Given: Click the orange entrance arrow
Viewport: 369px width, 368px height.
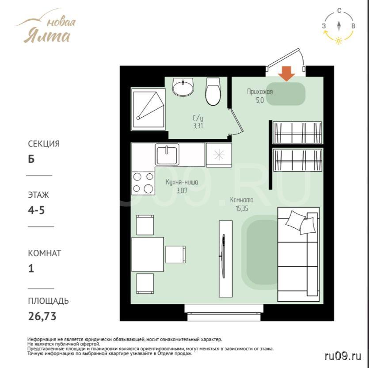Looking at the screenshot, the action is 286,74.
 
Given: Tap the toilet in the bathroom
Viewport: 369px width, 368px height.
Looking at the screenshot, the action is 213,92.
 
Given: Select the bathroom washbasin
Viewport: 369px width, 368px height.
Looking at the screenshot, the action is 183,87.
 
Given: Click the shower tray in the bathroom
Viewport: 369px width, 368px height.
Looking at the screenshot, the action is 148,109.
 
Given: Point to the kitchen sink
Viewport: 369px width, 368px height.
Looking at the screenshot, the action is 167,154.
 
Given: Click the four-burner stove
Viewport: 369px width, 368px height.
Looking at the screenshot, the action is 143,183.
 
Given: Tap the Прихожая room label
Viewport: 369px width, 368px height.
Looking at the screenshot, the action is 260,92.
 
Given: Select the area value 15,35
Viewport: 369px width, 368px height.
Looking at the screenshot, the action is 242,208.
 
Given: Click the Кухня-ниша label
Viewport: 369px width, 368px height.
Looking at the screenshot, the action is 182,182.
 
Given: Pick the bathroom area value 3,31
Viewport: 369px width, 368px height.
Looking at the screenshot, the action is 198,126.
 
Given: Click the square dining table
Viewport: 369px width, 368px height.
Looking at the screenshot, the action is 148,254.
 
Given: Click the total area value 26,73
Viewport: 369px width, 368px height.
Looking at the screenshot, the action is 42,316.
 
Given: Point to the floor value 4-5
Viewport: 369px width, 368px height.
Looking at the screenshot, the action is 36,210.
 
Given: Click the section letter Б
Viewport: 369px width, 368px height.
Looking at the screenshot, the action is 31,159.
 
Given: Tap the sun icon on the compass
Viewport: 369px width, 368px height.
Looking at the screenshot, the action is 339,41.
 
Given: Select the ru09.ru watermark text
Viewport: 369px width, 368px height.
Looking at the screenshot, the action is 342,356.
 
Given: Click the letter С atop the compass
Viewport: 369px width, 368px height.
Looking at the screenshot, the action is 339,11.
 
